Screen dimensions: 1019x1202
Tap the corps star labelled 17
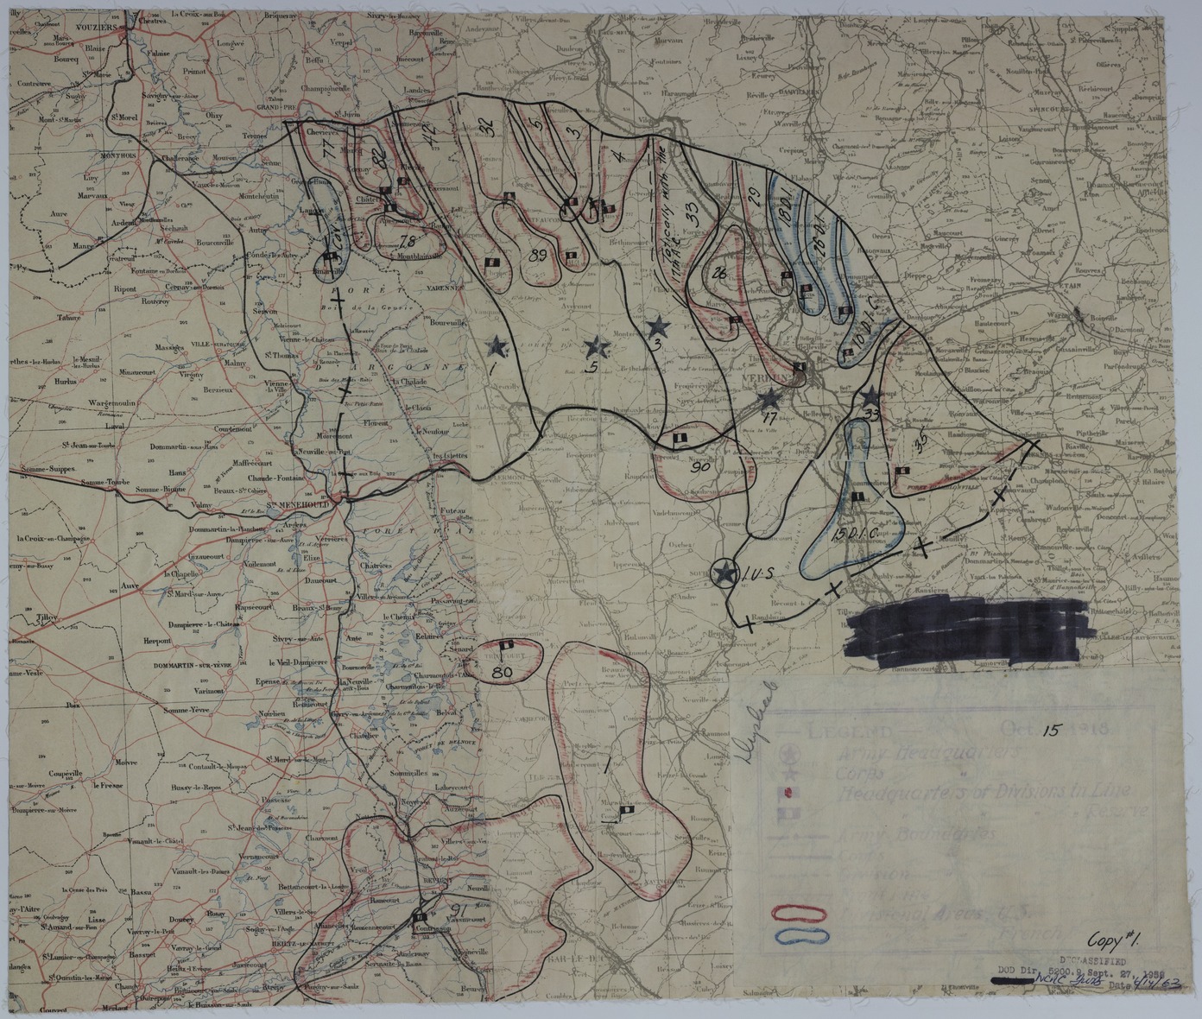(768, 399)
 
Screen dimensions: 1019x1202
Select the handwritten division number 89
(537, 255)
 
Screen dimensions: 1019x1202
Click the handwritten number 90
(700, 467)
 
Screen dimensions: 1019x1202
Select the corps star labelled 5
(595, 348)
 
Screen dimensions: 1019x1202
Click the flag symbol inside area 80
(508, 645)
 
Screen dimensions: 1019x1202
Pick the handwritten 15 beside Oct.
(1050, 731)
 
